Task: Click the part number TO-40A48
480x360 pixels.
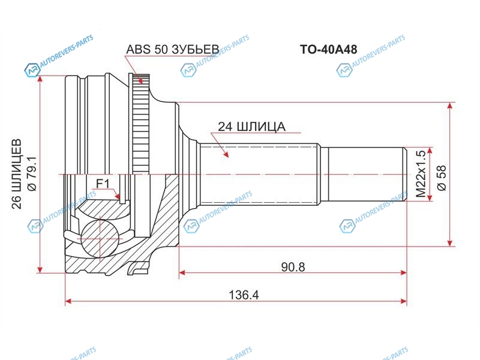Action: coord(328,49)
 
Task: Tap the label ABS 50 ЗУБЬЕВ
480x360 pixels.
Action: coord(173,49)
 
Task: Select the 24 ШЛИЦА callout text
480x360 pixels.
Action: coord(251,127)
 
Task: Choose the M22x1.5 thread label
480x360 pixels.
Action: coord(421,173)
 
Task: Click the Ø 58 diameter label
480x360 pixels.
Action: coord(442,178)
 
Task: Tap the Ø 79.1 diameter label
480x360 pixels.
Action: coord(32,173)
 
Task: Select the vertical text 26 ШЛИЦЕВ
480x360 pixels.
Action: coord(17,174)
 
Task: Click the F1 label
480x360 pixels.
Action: coord(103,184)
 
